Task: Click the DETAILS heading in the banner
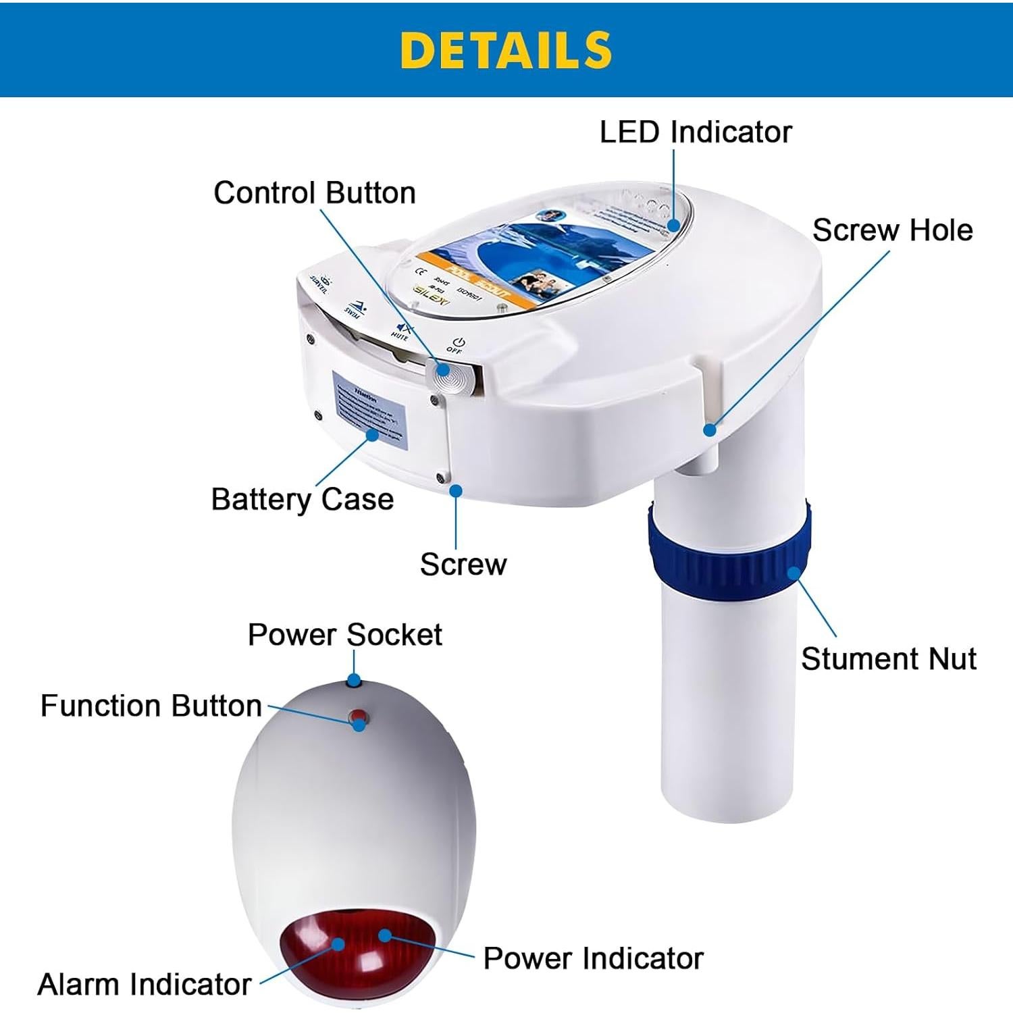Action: tap(506, 51)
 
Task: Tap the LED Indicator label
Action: tap(695, 132)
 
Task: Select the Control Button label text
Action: tap(314, 193)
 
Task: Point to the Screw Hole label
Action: tap(892, 230)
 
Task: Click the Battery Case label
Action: tap(302, 500)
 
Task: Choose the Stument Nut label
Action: tap(888, 658)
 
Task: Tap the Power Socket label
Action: tap(344, 635)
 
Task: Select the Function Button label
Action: tap(151, 706)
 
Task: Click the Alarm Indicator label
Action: tap(144, 984)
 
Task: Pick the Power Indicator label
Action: tap(593, 958)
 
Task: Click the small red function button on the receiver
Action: tap(358, 717)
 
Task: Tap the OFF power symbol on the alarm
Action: tap(457, 345)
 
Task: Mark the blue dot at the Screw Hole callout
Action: tap(709, 430)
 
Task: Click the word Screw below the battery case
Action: tap(463, 565)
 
